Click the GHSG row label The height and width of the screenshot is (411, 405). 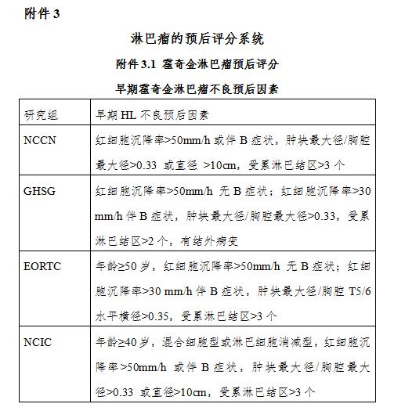(x=44, y=190)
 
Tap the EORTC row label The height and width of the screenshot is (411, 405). (x=46, y=265)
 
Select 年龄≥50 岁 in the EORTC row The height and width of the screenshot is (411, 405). (x=122, y=265)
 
